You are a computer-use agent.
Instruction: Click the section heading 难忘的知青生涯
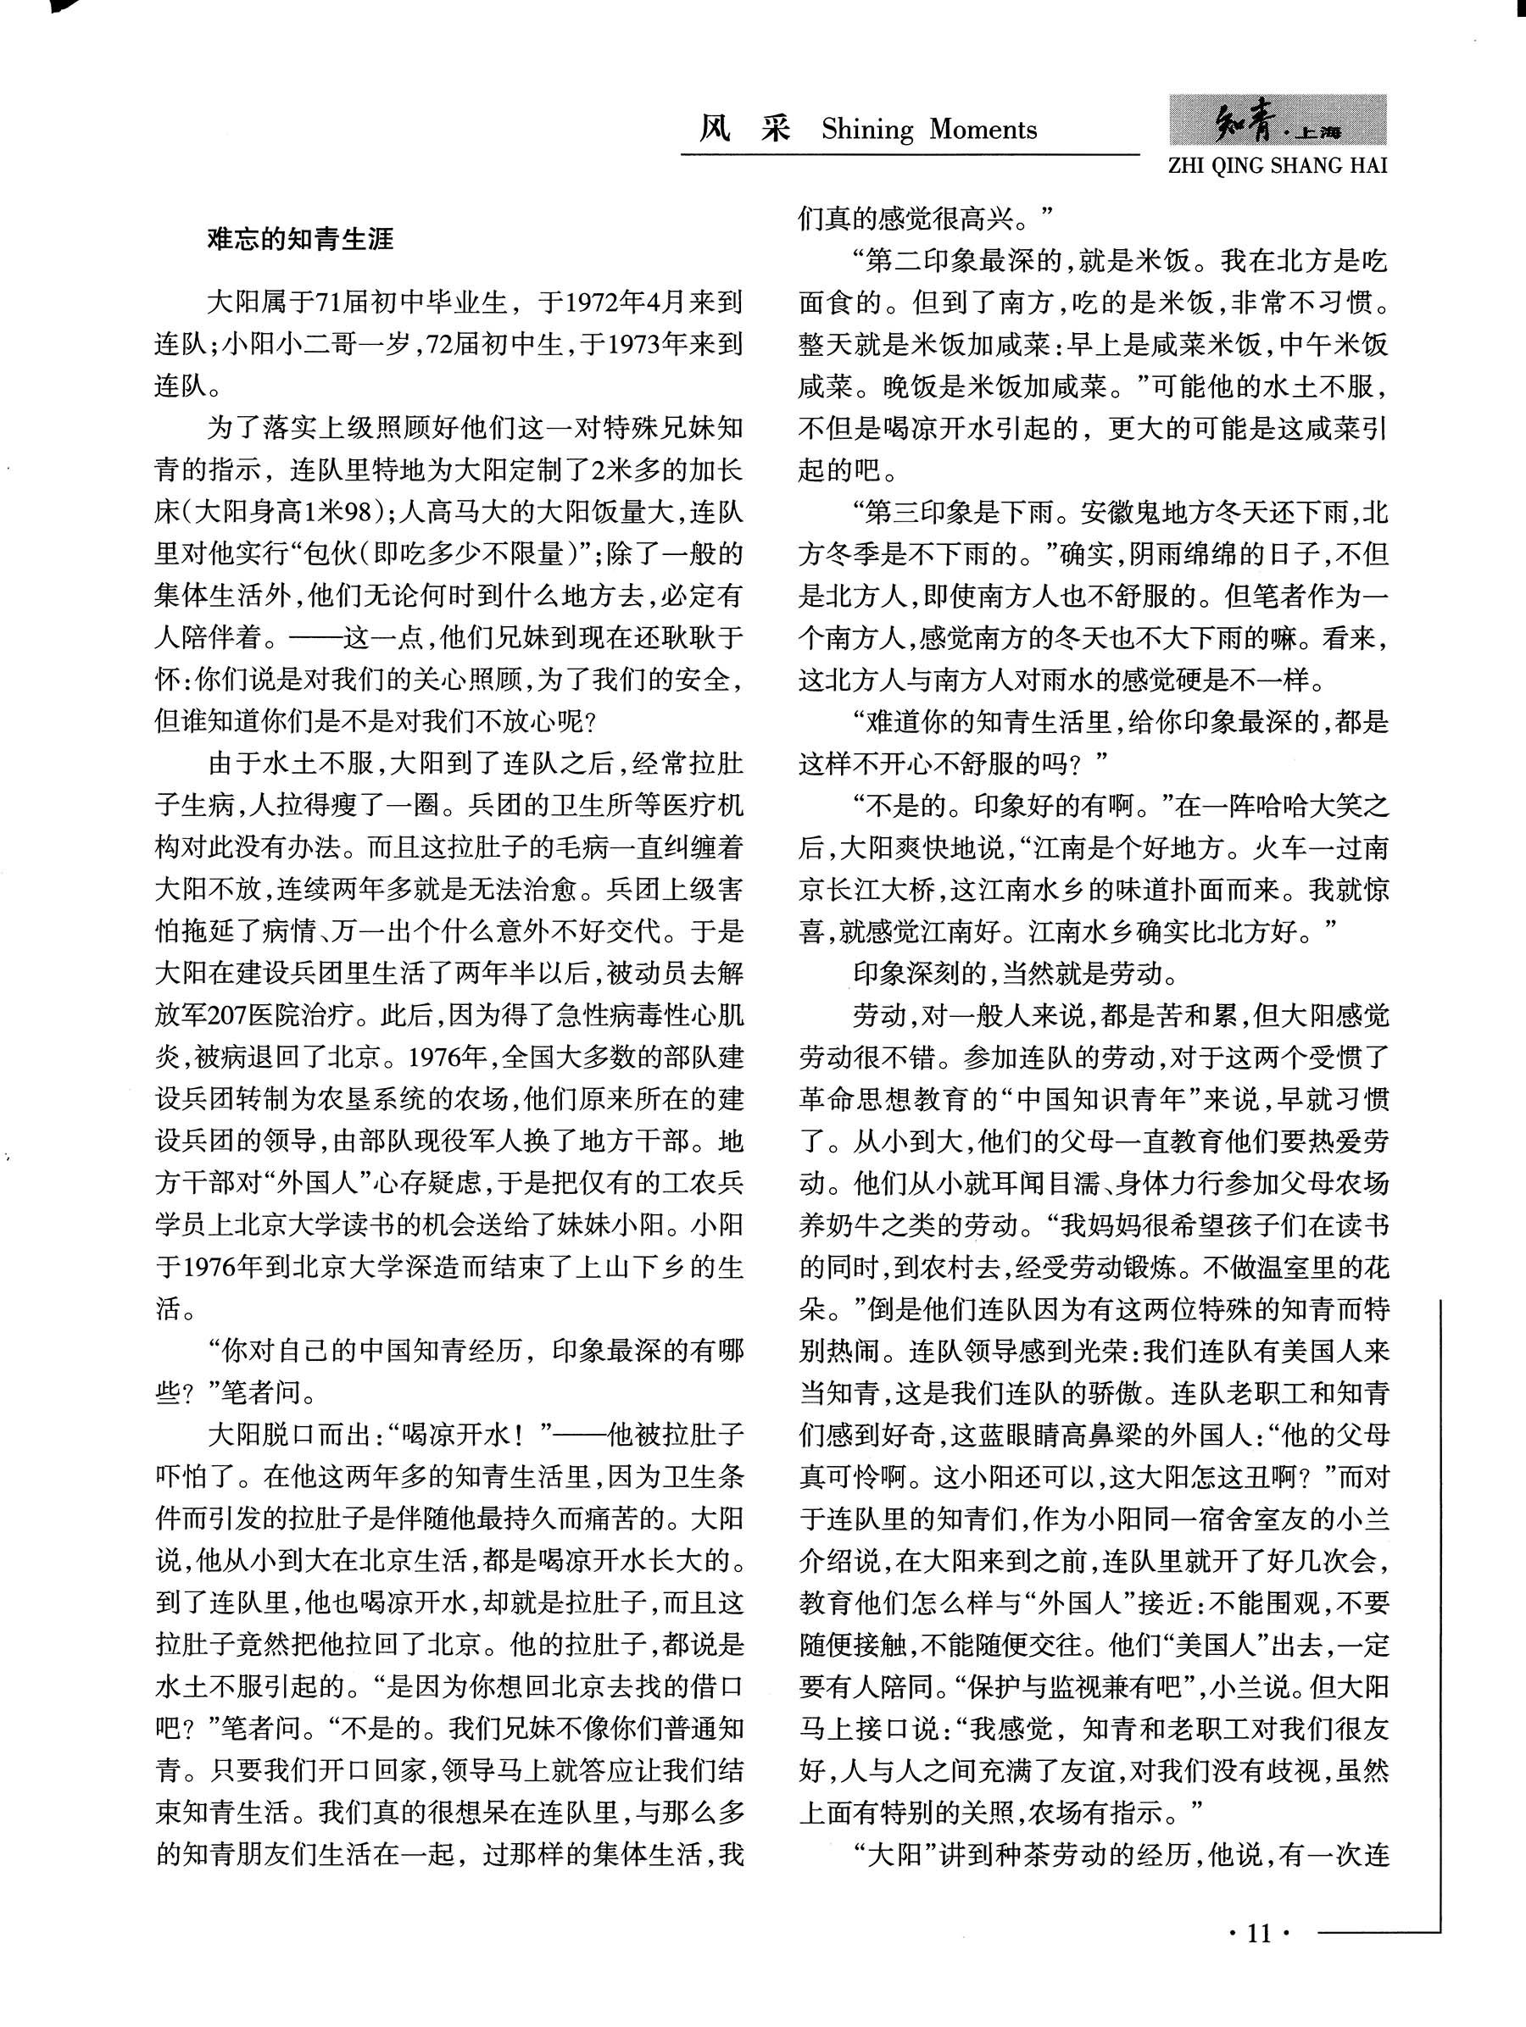coord(300,240)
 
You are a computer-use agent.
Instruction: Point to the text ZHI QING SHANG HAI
coord(1278,166)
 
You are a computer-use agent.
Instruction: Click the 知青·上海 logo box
coord(1278,120)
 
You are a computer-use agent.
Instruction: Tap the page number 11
coord(1259,1934)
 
